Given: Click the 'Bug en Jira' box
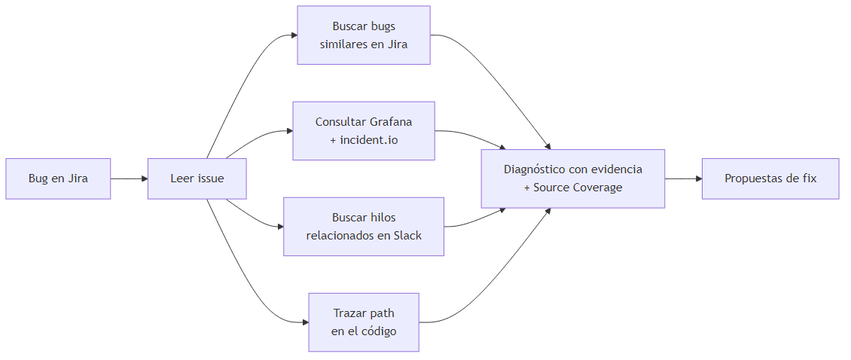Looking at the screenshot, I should pyautogui.click(x=58, y=178).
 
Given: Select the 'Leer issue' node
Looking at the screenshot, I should pyautogui.click(x=197, y=178).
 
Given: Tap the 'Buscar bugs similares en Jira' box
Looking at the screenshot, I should pyautogui.click(x=364, y=35).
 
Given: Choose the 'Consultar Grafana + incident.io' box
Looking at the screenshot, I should pyautogui.click(x=364, y=131).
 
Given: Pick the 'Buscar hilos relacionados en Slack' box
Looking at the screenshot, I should pyautogui.click(x=364, y=227).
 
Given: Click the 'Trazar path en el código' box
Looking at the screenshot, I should pyautogui.click(x=364, y=322).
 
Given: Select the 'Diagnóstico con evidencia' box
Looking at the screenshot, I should pyautogui.click(x=573, y=178).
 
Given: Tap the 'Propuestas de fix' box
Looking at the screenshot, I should pyautogui.click(x=770, y=178).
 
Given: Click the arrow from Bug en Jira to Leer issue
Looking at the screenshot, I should pyautogui.click(x=129, y=178).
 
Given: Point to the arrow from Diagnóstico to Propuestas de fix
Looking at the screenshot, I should pyautogui.click(x=683, y=178).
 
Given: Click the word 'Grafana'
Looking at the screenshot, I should pyautogui.click(x=391, y=122).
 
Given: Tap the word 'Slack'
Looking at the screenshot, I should pyautogui.click(x=406, y=236).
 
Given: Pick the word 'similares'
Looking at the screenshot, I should pyautogui.click(x=344, y=44).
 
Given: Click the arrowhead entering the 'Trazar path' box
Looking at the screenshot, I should pyautogui.click(x=305, y=322).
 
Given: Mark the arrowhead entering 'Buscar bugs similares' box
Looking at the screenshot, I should pyautogui.click(x=293, y=35).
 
